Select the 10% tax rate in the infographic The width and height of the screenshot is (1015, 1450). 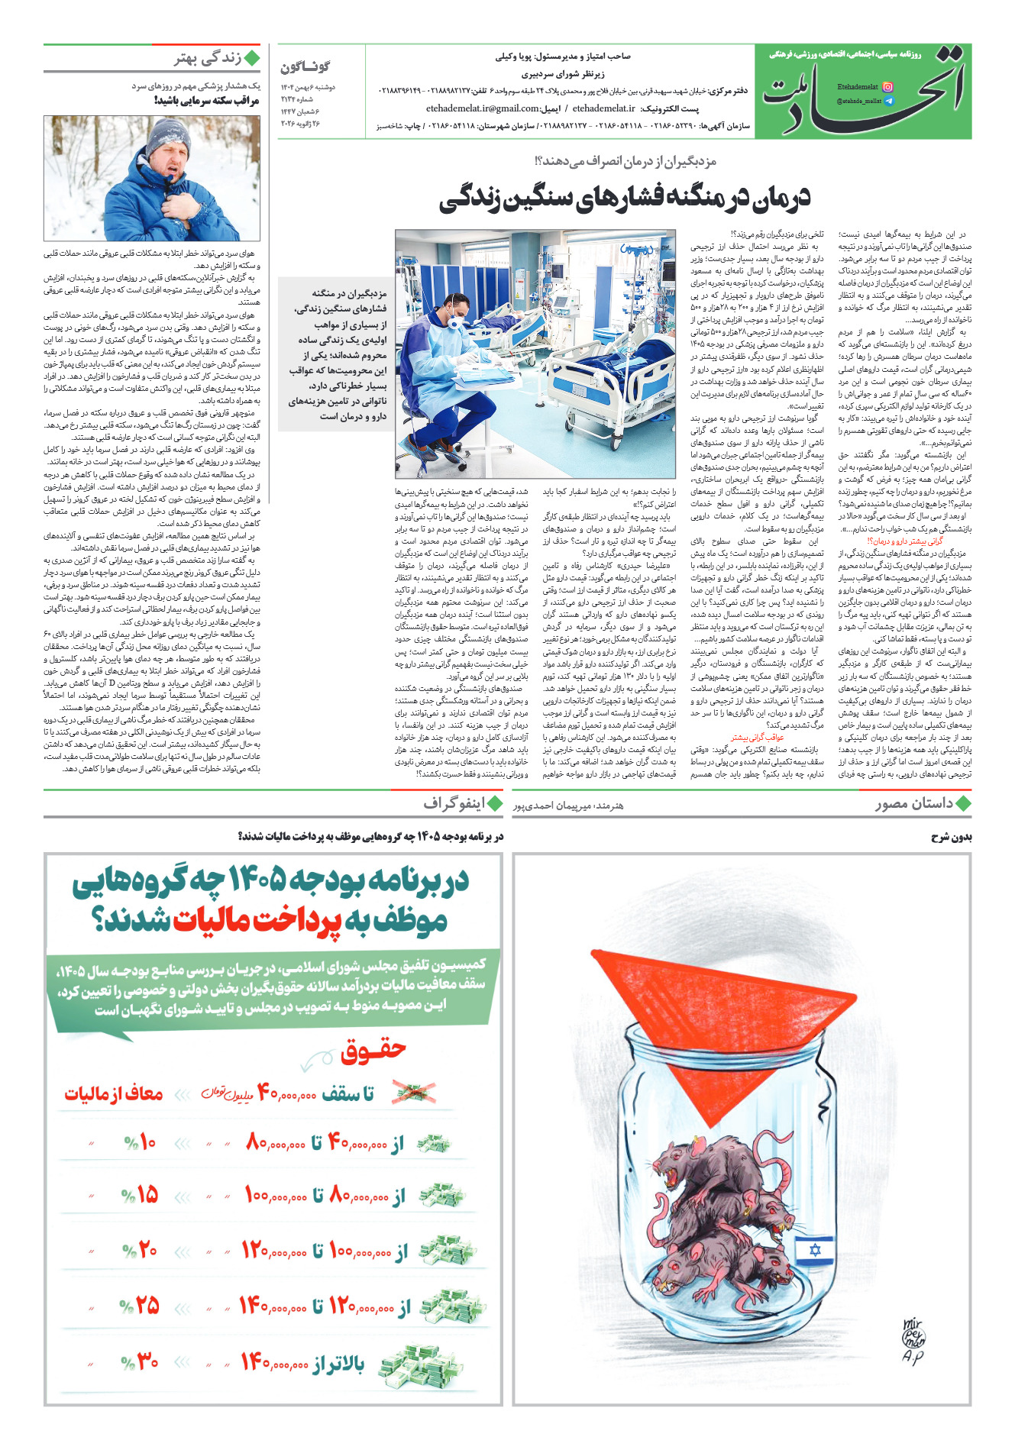point(140,1143)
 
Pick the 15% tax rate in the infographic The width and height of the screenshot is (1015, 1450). point(140,1194)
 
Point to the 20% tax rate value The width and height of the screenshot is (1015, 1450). point(140,1251)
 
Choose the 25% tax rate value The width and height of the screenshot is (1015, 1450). point(140,1306)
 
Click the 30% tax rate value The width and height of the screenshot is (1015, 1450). point(140,1361)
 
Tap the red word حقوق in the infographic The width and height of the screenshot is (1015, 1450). point(373,1051)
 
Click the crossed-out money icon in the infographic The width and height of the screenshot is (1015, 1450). point(413,1093)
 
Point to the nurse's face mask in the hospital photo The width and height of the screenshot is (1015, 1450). point(454,323)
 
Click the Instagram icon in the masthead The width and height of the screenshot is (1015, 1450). point(887,88)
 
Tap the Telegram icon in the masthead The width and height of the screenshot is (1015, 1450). point(887,101)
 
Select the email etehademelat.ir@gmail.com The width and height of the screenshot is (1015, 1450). point(483,108)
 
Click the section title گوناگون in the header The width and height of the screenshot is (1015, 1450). point(305,67)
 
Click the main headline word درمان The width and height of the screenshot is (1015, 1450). point(777,197)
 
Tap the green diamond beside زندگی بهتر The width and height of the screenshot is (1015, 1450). point(252,58)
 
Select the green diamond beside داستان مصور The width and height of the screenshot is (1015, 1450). point(963,803)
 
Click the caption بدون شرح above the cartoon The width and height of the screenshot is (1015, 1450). point(951,838)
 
